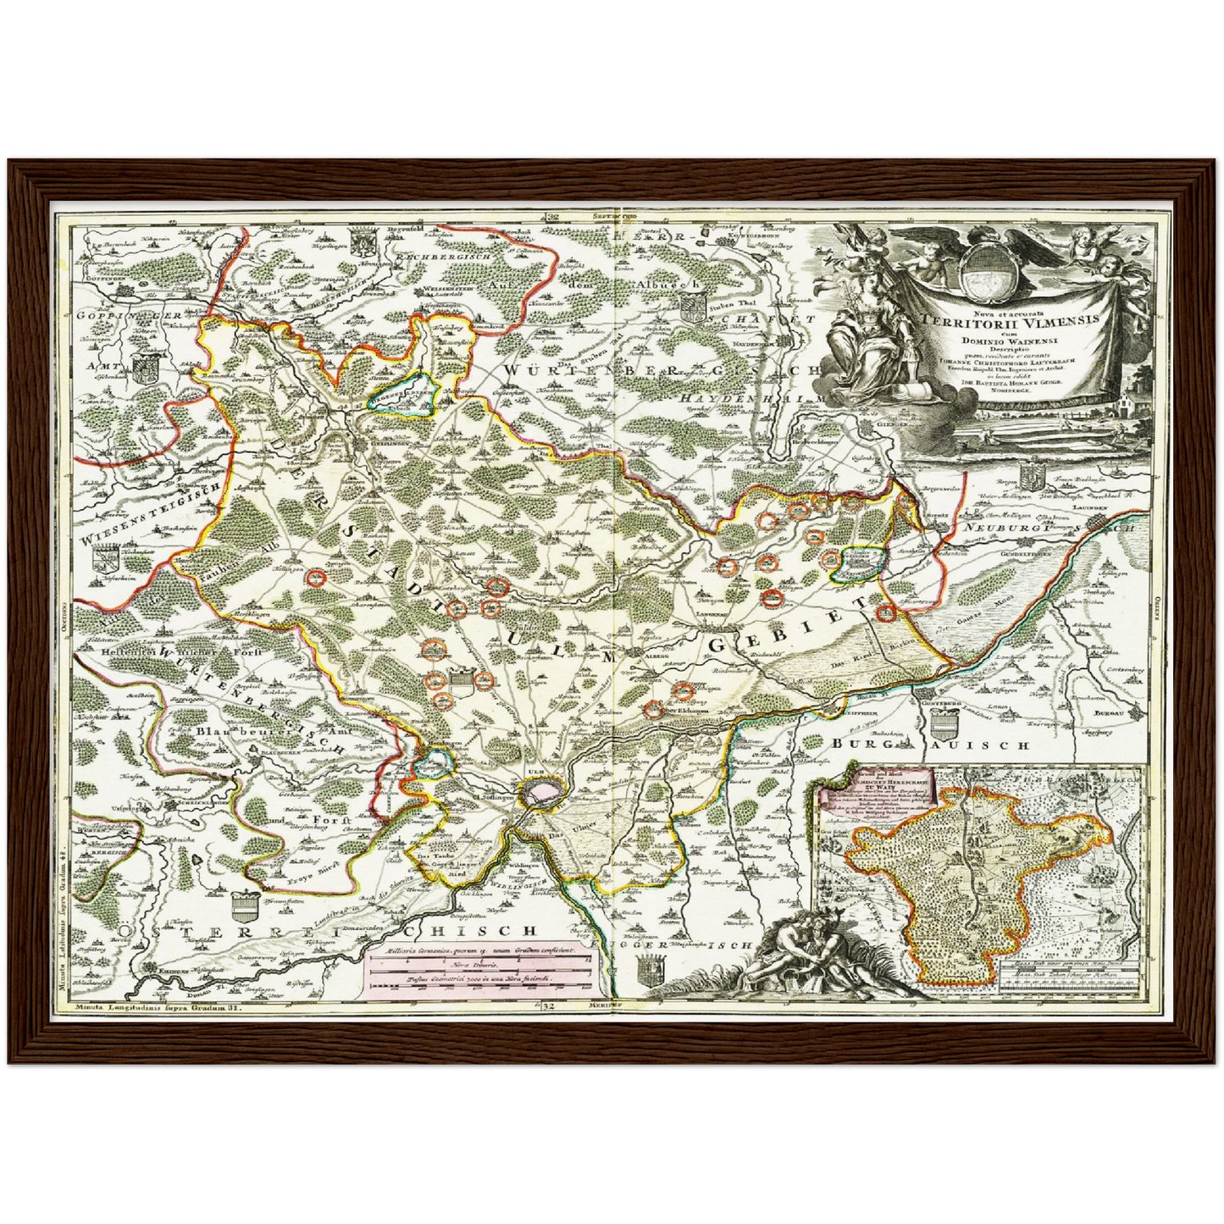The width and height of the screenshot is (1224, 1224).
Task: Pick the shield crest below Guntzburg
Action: tap(943, 724)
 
